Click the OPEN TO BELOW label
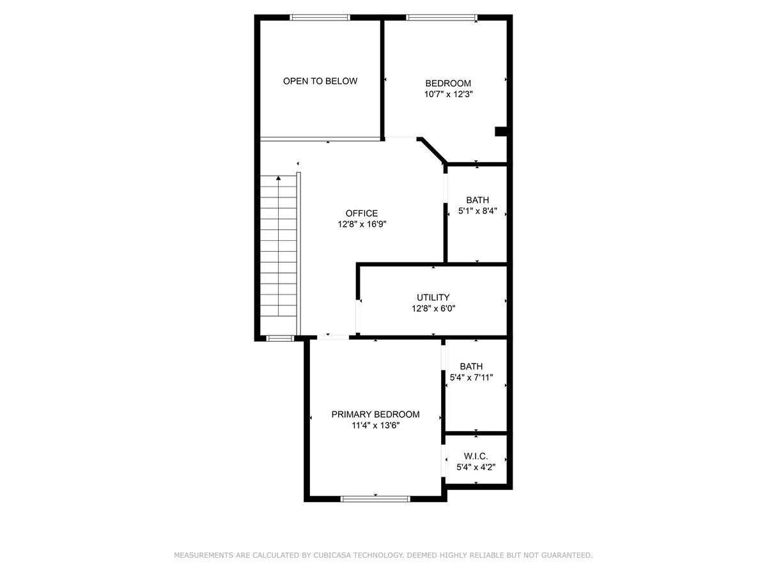tap(320, 81)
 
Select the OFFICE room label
tap(362, 213)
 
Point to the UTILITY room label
tap(433, 297)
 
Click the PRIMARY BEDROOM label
tap(375, 414)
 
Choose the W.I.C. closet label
tap(476, 456)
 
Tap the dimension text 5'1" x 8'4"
tap(477, 211)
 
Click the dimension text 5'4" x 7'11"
tap(471, 377)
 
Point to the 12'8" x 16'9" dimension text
tap(362, 224)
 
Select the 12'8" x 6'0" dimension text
tap(433, 309)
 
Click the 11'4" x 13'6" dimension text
tap(375, 425)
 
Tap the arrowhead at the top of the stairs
tap(278, 178)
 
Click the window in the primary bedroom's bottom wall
tap(375, 499)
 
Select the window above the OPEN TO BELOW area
tap(320, 17)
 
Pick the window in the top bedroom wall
tap(441, 17)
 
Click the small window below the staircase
tap(280, 338)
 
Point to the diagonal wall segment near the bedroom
tap(432, 150)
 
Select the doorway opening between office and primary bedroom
tap(333, 337)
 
